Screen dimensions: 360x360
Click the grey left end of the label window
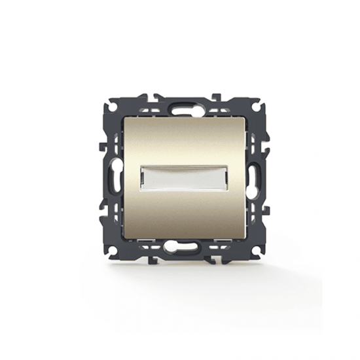pyautogui.click(x=145, y=177)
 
